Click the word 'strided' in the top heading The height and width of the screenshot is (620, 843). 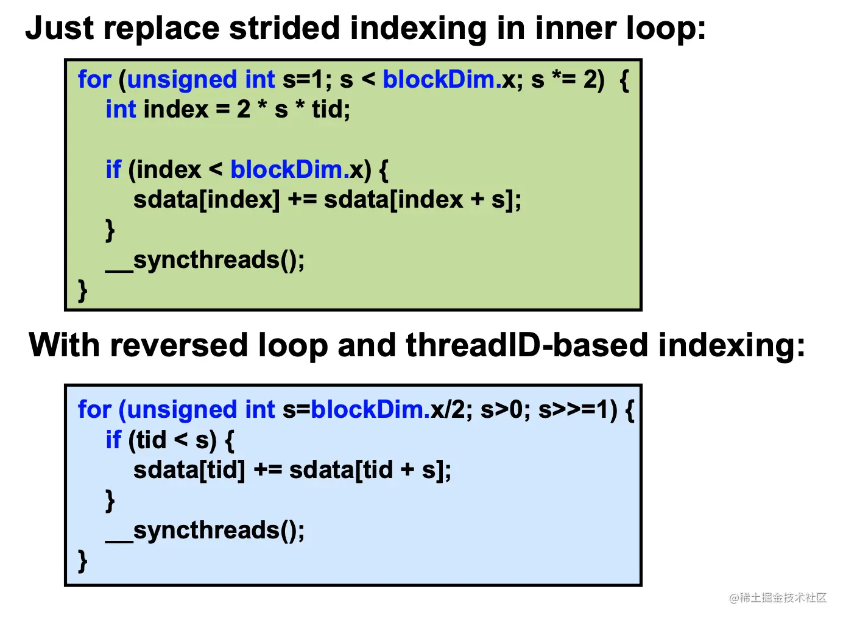click(x=284, y=28)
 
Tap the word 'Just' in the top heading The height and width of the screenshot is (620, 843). click(x=60, y=28)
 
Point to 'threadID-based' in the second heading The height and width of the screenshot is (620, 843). click(x=527, y=345)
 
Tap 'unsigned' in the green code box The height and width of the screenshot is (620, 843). click(x=182, y=81)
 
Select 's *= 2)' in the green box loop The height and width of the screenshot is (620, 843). click(x=568, y=80)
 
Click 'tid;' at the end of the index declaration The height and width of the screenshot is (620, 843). click(x=331, y=110)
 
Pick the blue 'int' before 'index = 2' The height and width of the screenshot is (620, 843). click(x=121, y=110)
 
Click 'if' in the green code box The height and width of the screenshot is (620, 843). click(x=113, y=169)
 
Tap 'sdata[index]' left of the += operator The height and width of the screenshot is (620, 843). click(x=206, y=200)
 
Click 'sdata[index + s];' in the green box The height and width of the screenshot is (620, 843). click(x=423, y=200)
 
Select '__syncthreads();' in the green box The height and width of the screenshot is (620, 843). click(x=205, y=260)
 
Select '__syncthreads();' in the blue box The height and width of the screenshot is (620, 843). click(x=205, y=531)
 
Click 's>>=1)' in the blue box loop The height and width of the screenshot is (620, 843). click(x=578, y=410)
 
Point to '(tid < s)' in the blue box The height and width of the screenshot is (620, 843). click(x=172, y=440)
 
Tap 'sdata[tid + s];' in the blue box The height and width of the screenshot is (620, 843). click(x=370, y=470)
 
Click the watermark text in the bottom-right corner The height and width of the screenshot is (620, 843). click(x=778, y=598)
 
